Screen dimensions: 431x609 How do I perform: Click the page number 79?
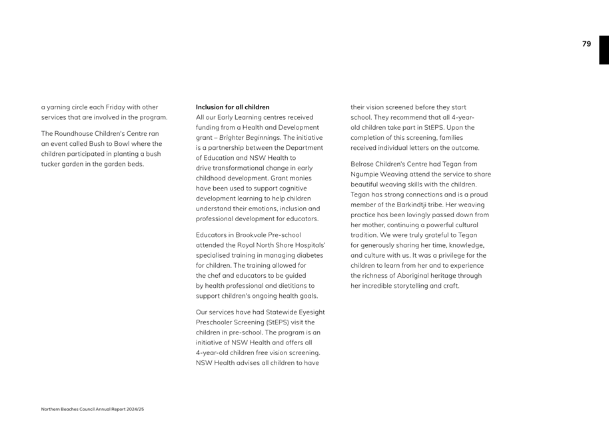pos(586,44)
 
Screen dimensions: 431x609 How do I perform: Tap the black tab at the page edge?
pos(604,50)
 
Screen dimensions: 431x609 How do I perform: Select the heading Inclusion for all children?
pos(233,107)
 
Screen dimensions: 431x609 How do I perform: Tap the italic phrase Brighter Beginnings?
pos(250,137)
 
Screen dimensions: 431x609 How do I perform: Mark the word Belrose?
pos(362,164)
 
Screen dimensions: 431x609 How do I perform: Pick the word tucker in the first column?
pos(51,164)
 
